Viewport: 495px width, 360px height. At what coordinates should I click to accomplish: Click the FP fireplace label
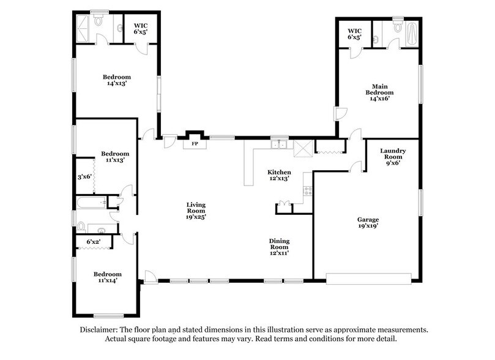195,144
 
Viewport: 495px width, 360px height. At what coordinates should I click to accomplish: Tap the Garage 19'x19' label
368,222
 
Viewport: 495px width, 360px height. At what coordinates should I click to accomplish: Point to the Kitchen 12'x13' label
278,176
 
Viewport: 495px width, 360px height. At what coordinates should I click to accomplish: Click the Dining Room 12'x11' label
278,247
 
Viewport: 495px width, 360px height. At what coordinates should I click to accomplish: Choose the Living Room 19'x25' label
196,211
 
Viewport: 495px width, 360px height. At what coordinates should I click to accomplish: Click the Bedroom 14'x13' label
116,80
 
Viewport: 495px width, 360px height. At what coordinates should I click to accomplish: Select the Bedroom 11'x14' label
107,277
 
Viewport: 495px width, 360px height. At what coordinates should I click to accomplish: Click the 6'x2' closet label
93,242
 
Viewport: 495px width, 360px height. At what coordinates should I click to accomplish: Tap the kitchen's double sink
280,144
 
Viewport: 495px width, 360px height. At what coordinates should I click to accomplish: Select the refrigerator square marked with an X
303,148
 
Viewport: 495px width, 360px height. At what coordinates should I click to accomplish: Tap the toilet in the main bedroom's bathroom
398,27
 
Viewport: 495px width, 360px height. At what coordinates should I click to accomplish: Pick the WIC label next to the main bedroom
355,34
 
